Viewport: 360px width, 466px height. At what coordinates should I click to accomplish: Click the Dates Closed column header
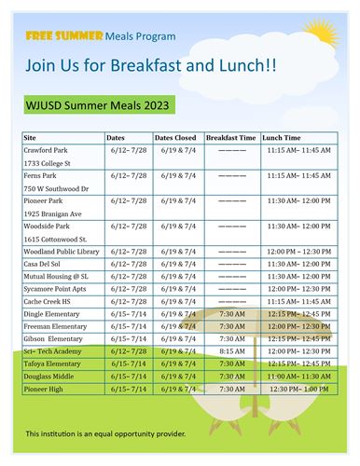[x=175, y=137]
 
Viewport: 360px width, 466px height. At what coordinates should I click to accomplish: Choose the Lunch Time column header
[x=281, y=137]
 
